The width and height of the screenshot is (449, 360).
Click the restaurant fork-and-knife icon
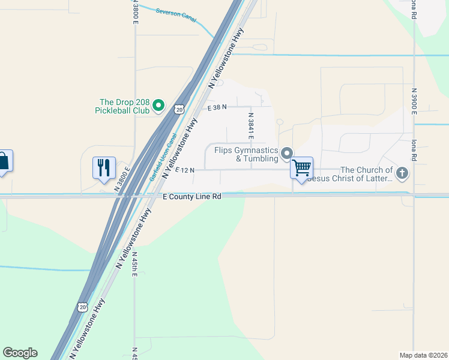click(104, 167)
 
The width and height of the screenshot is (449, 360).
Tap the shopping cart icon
click(302, 167)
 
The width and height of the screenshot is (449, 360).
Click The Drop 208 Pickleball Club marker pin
click(158, 106)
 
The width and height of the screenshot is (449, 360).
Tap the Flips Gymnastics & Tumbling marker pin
click(287, 153)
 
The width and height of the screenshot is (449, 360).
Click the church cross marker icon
click(402, 174)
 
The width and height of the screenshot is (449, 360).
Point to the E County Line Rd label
click(192, 196)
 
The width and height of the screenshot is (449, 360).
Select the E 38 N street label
click(217, 107)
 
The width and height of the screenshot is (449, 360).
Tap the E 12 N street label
click(185, 170)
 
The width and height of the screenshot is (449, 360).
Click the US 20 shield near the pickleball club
click(179, 109)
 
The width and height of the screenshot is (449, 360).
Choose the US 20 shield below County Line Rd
click(82, 307)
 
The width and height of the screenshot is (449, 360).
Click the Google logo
click(20, 353)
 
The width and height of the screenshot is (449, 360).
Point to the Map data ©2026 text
click(423, 355)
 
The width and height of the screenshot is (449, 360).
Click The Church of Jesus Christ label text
click(357, 174)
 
